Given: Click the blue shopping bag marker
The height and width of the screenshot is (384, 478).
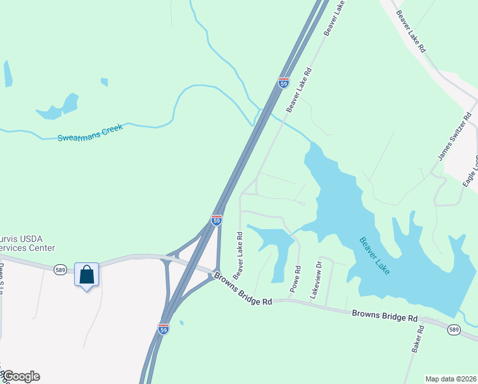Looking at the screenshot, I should [86, 275].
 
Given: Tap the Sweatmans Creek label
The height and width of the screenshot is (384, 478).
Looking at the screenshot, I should [89, 132].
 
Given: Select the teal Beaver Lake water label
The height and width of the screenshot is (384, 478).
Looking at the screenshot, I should [375, 256].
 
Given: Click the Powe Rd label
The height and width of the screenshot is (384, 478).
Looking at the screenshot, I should [295, 279].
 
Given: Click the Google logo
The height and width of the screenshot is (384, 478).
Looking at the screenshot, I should [20, 376].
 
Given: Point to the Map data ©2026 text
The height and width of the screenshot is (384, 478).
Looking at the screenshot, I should [451, 379].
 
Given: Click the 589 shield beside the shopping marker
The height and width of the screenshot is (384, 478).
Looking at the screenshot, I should [60, 269].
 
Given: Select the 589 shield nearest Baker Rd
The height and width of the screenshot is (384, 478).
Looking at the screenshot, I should [454, 330].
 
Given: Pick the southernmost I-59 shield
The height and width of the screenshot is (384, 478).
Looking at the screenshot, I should [164, 328].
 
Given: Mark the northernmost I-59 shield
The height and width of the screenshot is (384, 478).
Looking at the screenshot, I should [284, 83].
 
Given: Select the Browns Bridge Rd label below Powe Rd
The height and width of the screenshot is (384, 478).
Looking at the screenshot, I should [243, 290].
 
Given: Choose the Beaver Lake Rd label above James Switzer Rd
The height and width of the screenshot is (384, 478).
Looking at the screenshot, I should [410, 31].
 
